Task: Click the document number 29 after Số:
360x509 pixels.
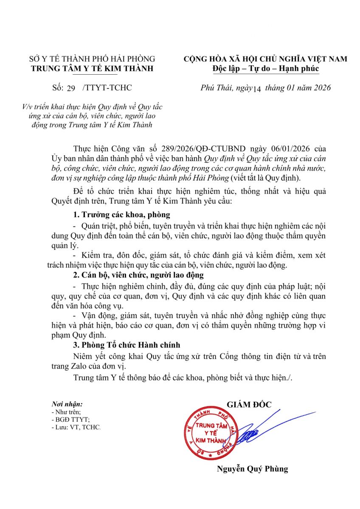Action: (70, 88)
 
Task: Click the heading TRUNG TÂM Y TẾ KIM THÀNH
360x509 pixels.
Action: (92, 69)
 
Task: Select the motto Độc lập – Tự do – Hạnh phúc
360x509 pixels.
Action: (265, 69)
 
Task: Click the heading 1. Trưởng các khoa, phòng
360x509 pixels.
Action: (121, 214)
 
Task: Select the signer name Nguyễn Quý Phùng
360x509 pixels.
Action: (252, 469)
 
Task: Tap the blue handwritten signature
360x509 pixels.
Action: (263, 428)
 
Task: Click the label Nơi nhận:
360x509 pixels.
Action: (67, 404)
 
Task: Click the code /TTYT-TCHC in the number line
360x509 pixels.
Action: (107, 88)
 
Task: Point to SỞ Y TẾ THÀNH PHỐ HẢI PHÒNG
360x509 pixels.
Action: (92, 59)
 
